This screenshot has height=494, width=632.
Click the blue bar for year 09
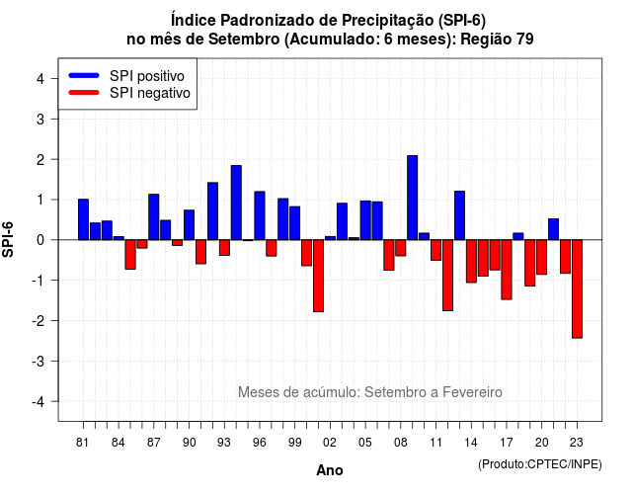tap(413, 198)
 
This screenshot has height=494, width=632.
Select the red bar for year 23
tap(577, 288)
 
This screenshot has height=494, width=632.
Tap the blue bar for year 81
tap(83, 219)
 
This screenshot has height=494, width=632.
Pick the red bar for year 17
tap(507, 270)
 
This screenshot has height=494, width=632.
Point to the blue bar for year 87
tap(154, 217)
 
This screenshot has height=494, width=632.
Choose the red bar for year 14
tap(471, 261)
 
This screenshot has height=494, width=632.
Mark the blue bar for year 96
tap(260, 215)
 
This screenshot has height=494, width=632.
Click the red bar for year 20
tap(542, 257)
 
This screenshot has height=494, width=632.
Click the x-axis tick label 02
tap(330, 443)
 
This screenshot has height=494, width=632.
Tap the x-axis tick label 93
tap(224, 443)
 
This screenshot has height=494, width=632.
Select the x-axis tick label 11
tap(436, 443)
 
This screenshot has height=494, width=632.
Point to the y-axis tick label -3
tap(39, 362)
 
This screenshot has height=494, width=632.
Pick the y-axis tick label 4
tap(40, 79)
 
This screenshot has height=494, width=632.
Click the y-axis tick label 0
tap(40, 240)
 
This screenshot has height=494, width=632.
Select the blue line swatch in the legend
tap(84, 75)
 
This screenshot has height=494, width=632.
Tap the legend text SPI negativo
tap(150, 93)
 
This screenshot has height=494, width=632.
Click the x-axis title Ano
tap(330, 470)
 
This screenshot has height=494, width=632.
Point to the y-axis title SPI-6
tap(8, 239)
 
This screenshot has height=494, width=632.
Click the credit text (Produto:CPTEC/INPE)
tap(540, 464)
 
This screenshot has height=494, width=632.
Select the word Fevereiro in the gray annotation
tap(472, 392)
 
